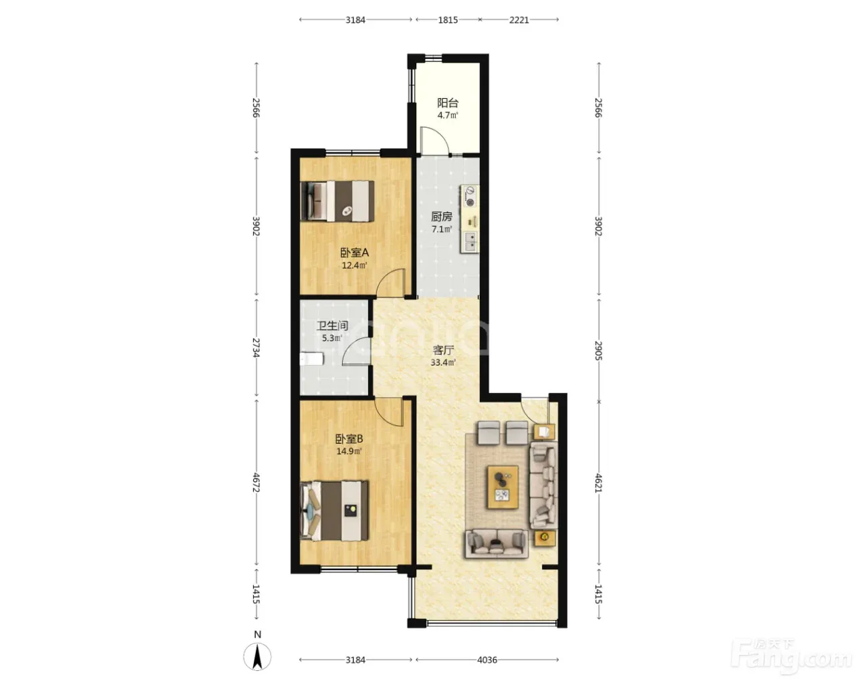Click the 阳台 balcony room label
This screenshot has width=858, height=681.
click(447, 103)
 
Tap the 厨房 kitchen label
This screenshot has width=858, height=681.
click(441, 217)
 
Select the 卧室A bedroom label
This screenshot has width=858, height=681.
click(354, 253)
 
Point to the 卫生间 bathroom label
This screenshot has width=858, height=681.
click(332, 325)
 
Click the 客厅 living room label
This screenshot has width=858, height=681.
click(443, 350)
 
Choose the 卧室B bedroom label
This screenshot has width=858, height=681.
click(349, 439)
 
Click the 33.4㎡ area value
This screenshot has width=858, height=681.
click(443, 362)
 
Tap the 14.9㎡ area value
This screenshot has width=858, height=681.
click(349, 451)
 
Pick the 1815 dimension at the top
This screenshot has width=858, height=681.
click(448, 20)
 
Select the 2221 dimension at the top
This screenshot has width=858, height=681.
click(519, 20)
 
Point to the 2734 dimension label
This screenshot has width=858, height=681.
click(256, 348)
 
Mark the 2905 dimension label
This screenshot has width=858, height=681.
click(598, 350)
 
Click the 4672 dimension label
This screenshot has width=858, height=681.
click(256, 483)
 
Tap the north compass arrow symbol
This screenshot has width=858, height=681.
click(257, 657)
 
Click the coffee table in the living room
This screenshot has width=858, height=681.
click(503, 487)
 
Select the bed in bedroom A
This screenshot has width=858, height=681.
click(337, 201)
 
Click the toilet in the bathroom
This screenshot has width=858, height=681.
click(311, 359)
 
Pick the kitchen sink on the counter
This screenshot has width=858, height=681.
click(470, 242)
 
